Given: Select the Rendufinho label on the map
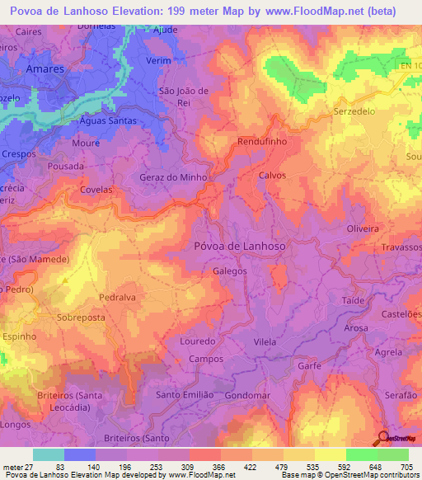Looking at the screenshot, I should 261,142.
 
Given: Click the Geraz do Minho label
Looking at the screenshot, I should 172,176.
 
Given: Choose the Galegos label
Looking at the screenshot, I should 230,271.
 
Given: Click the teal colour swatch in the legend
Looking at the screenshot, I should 49,454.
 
